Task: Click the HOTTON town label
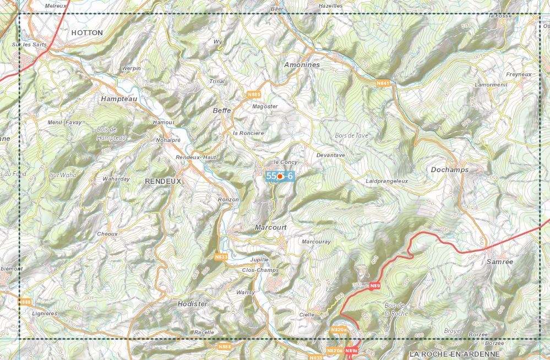(x=87, y=33)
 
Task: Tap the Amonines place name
(x=302, y=65)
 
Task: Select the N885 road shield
(x=254, y=95)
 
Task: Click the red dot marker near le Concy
(x=280, y=177)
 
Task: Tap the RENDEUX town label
(x=163, y=181)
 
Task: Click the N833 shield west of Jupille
(x=221, y=257)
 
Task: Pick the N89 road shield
(x=375, y=286)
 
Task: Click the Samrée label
(x=499, y=262)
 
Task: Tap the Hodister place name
(x=193, y=304)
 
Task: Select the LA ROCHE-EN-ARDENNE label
(x=455, y=354)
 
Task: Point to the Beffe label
(x=221, y=111)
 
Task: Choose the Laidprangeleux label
(x=386, y=181)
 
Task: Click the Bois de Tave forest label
(x=351, y=135)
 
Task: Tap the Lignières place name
(x=45, y=313)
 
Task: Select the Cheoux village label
(x=107, y=233)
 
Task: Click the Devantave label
(x=330, y=155)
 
